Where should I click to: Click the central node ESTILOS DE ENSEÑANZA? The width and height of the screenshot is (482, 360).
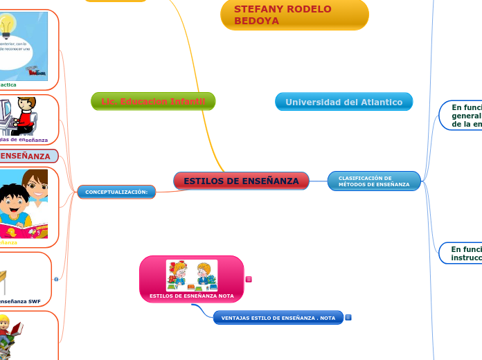tap(241, 181)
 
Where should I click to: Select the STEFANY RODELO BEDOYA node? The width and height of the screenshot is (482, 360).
tap(294, 15)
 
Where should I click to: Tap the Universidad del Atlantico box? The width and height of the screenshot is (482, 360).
tap(343, 102)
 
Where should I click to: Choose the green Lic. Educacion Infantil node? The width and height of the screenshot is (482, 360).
tap(153, 102)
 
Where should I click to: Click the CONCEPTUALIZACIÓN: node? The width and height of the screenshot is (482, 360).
tap(116, 192)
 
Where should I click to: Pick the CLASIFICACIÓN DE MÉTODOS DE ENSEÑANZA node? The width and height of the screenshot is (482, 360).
tap(374, 181)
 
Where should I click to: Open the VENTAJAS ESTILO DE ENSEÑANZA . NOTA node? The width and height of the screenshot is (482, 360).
tap(278, 318)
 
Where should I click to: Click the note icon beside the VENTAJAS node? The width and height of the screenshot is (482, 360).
tap(348, 318)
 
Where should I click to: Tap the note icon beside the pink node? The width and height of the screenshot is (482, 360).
tap(249, 280)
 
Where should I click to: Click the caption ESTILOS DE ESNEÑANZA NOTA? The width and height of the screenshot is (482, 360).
tap(192, 296)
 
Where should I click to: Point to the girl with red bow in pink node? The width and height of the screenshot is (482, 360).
tap(179, 273)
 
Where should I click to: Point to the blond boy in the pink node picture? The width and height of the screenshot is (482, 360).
tap(204, 273)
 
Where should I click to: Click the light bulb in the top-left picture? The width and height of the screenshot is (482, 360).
tap(8, 25)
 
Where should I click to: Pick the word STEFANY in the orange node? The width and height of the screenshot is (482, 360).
tap(257, 9)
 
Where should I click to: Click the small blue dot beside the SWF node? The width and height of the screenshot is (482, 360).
tap(56, 279)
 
